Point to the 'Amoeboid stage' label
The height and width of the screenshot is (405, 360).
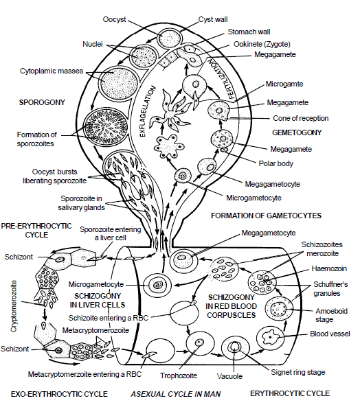tap(327, 315)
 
